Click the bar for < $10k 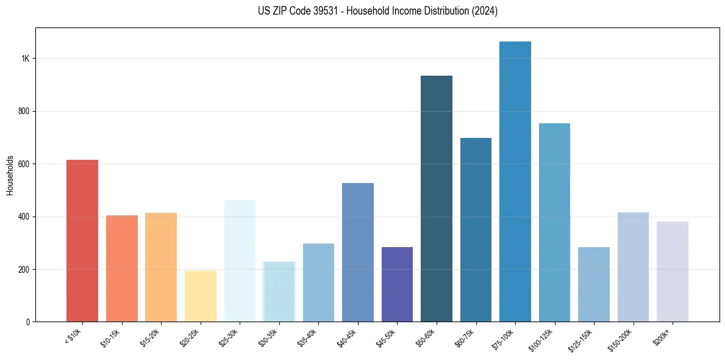click(x=82, y=241)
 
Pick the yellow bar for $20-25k click(x=201, y=297)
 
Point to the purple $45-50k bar click(x=397, y=284)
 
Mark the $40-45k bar click(x=358, y=253)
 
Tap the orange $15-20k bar click(x=161, y=267)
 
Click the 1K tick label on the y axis click(x=26, y=59)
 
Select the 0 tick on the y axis click(x=28, y=322)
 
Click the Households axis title click(x=10, y=175)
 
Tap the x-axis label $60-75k click(x=465, y=337)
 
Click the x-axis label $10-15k click(x=110, y=337)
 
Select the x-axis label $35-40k click(x=307, y=337)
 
